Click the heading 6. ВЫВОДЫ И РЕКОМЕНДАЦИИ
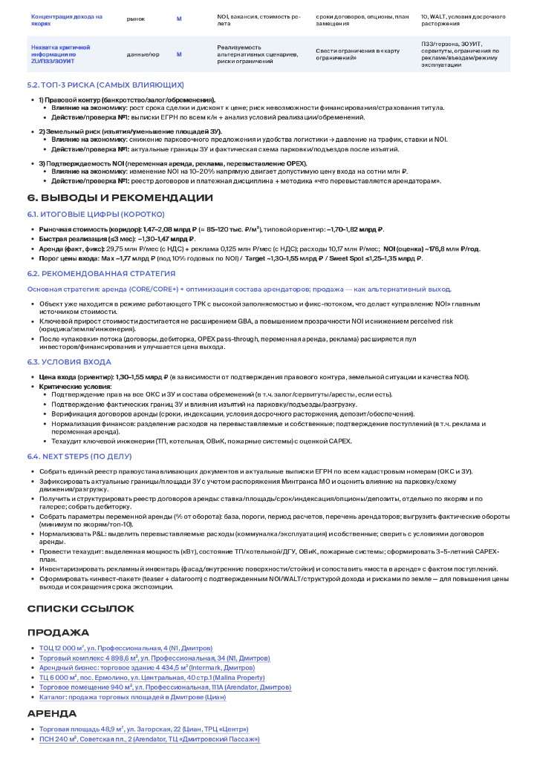coord(120,198)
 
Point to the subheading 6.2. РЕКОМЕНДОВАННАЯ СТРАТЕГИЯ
coord(101,274)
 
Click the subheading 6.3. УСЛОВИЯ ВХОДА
coord(69,361)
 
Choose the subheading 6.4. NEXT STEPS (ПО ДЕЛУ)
coord(79,456)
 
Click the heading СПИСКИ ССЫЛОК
coord(80,609)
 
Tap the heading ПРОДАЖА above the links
coord(58,632)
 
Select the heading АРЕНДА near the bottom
coord(52,713)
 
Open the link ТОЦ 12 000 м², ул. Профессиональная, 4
coord(126,648)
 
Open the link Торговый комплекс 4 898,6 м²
coord(154,658)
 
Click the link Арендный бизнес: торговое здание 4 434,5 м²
coord(146,668)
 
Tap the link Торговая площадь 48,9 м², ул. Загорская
coord(143,729)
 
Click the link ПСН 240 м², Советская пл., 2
coord(149,739)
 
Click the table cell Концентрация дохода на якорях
coord(67,19)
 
